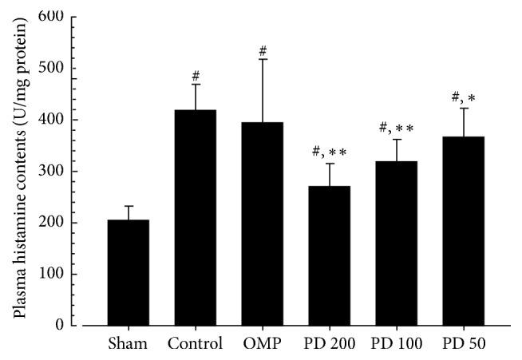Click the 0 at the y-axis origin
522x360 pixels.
click(x=58, y=326)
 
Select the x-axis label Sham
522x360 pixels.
click(x=129, y=346)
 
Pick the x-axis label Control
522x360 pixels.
click(x=196, y=346)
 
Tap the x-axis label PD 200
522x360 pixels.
click(x=330, y=346)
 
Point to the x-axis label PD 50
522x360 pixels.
click(x=464, y=346)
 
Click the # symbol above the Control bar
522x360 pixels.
click(x=196, y=77)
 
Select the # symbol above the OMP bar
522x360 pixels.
click(x=263, y=51)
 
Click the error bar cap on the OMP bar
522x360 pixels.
click(x=263, y=59)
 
